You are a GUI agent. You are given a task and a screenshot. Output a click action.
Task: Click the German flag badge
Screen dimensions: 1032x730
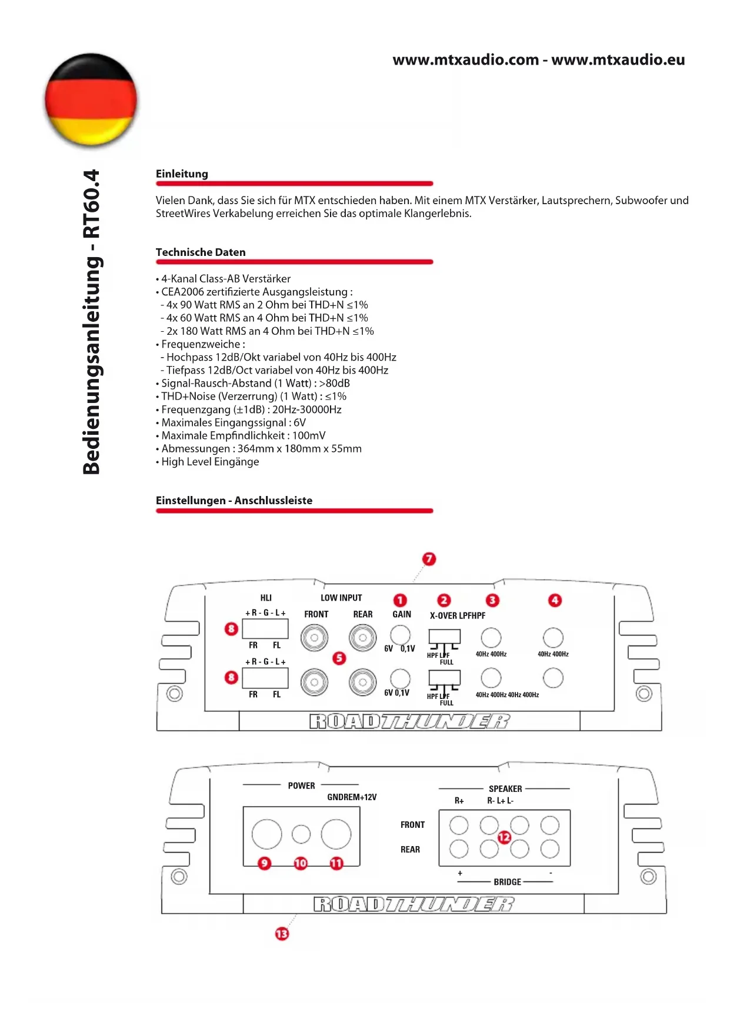click(x=91, y=99)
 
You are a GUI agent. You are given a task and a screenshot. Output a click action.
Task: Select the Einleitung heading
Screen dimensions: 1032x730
click(x=182, y=174)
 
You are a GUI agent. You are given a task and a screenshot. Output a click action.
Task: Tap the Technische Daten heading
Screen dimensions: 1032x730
click(x=201, y=252)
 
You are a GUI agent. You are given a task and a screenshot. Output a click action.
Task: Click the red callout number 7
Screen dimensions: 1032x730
click(x=429, y=559)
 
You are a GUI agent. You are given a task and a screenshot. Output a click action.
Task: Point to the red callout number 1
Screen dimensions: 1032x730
click(x=400, y=600)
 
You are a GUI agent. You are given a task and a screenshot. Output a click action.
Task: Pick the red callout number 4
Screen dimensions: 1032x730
click(x=555, y=600)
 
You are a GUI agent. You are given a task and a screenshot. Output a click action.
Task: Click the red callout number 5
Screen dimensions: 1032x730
click(x=339, y=658)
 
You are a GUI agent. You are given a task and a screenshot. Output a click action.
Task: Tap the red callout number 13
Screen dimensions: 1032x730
click(x=282, y=934)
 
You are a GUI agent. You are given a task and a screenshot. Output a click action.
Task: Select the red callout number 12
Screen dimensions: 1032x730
click(x=504, y=837)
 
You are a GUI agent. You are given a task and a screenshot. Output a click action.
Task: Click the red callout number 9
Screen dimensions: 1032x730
click(x=265, y=863)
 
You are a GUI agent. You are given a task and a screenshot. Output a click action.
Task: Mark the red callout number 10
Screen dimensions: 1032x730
click(x=301, y=863)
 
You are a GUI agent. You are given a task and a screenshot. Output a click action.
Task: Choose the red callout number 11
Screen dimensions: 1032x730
click(x=336, y=863)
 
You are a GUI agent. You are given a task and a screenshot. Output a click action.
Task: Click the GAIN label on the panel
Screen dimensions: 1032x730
click(x=402, y=614)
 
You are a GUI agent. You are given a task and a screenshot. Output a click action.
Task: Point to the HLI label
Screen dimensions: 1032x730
click(x=266, y=598)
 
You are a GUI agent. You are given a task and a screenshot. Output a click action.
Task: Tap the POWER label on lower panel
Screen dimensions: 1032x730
click(x=301, y=785)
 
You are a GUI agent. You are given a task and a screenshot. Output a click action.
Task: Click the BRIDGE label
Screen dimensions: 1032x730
click(x=507, y=882)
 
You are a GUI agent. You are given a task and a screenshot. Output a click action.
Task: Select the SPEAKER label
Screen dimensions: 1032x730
click(x=505, y=789)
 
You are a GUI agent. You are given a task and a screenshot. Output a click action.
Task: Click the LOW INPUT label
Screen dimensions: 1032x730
click(x=341, y=598)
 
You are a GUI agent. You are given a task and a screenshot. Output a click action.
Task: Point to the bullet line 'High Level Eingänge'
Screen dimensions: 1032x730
click(x=210, y=462)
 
